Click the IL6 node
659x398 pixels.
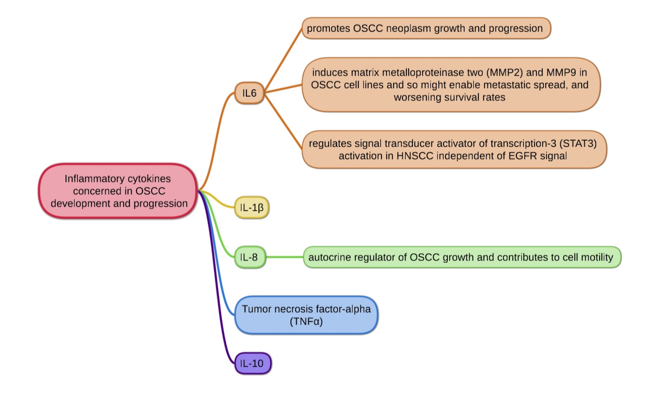(249, 93)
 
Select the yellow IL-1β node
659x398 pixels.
(252, 207)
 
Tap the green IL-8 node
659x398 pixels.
(250, 258)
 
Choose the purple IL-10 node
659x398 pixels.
(252, 363)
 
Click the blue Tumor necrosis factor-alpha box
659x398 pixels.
(306, 315)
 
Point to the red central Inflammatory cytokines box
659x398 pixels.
(118, 191)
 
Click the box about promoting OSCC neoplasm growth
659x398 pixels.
(426, 28)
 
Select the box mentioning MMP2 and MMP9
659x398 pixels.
(451, 85)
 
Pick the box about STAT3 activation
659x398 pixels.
(454, 150)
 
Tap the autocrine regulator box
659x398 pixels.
(461, 258)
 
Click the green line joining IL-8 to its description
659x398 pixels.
(284, 257)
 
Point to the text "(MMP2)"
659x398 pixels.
(505, 73)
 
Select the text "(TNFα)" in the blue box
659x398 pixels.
(306, 321)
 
